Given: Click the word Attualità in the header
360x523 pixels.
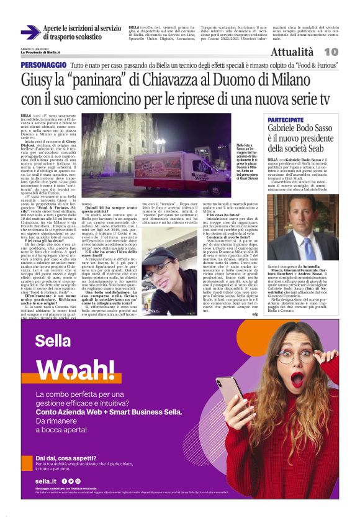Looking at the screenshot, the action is click(x=295, y=52).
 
